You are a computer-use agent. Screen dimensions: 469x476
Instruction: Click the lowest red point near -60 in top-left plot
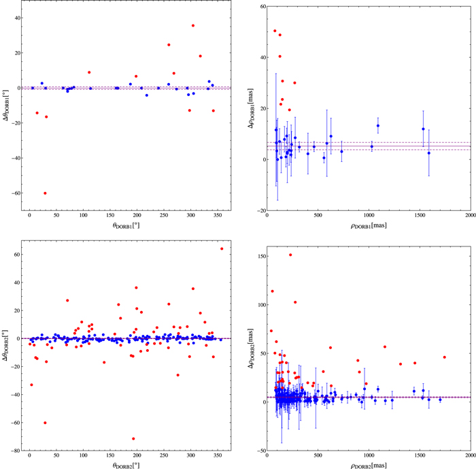click(x=45, y=193)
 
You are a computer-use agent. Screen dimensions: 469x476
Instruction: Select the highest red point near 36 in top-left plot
click(x=193, y=26)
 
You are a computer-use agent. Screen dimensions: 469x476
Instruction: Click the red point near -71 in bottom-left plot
click(x=133, y=439)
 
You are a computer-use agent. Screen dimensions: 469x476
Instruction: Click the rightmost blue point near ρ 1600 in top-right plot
click(x=429, y=153)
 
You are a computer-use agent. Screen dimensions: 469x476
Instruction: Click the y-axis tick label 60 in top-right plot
click(x=258, y=6)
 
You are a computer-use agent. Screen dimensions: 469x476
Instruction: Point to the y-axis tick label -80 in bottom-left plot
click(x=15, y=451)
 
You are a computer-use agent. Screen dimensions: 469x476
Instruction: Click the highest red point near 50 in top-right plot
click(x=275, y=31)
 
